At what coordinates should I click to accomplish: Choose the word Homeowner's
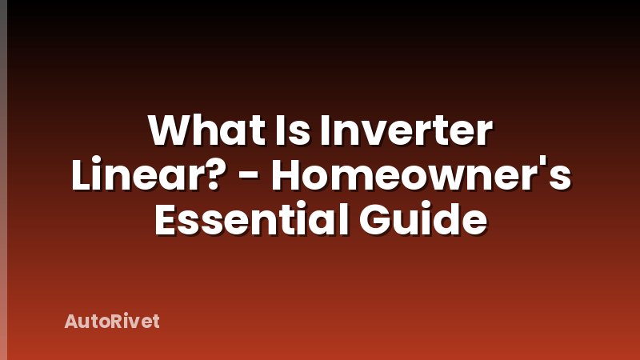[421, 174]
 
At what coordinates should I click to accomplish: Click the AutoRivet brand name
[112, 322]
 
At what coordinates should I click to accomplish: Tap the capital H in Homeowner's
[289, 174]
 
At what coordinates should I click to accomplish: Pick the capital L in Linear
[80, 174]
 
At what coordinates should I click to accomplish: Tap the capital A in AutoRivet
[71, 322]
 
